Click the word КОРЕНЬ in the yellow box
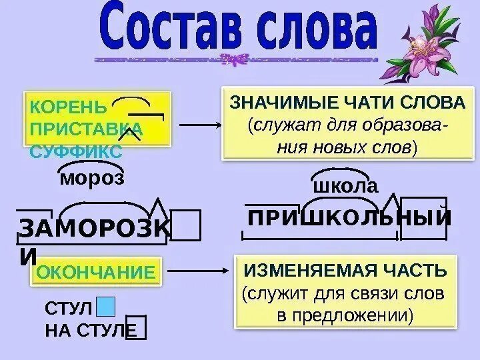68,107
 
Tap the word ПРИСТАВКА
85,129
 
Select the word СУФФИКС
76,151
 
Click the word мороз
92,178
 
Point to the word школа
345,186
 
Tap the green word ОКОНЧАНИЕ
95,271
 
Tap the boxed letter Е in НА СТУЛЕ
136,329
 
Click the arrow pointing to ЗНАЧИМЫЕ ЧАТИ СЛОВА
200,125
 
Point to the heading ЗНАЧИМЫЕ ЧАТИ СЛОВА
347,103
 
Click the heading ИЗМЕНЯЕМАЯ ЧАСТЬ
345,271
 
